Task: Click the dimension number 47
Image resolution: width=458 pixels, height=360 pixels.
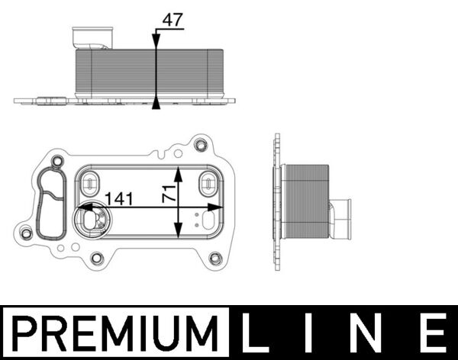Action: click(x=173, y=20)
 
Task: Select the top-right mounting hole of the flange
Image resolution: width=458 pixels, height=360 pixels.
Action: click(x=201, y=145)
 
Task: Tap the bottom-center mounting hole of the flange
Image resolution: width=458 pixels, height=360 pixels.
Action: click(x=96, y=258)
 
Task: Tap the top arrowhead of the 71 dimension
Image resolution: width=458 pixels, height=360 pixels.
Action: click(x=178, y=169)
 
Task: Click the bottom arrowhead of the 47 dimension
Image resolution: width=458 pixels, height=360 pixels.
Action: click(x=156, y=104)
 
